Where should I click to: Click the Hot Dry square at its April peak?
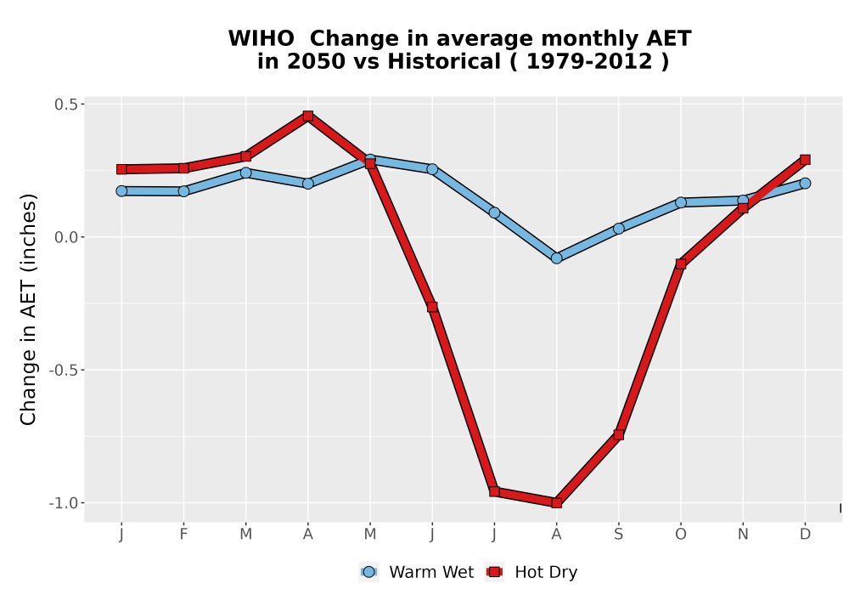308,116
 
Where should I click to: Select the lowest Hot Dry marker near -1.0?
557,503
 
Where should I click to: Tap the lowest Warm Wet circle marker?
557,258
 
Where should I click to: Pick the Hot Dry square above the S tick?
619,434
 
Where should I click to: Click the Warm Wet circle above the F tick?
183,191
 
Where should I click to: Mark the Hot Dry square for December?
805,159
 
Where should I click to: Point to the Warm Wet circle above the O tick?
681,202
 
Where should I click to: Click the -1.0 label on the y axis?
64,503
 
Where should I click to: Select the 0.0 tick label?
66,237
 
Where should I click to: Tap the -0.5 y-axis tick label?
64,370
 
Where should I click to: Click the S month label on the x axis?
619,535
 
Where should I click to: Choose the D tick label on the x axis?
805,535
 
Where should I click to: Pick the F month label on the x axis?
183,535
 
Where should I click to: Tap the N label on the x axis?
743,535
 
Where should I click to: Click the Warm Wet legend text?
431,572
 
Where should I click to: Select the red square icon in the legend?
494,572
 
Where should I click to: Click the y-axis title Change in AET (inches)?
28,309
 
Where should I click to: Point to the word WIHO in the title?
261,39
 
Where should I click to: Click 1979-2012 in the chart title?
589,62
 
